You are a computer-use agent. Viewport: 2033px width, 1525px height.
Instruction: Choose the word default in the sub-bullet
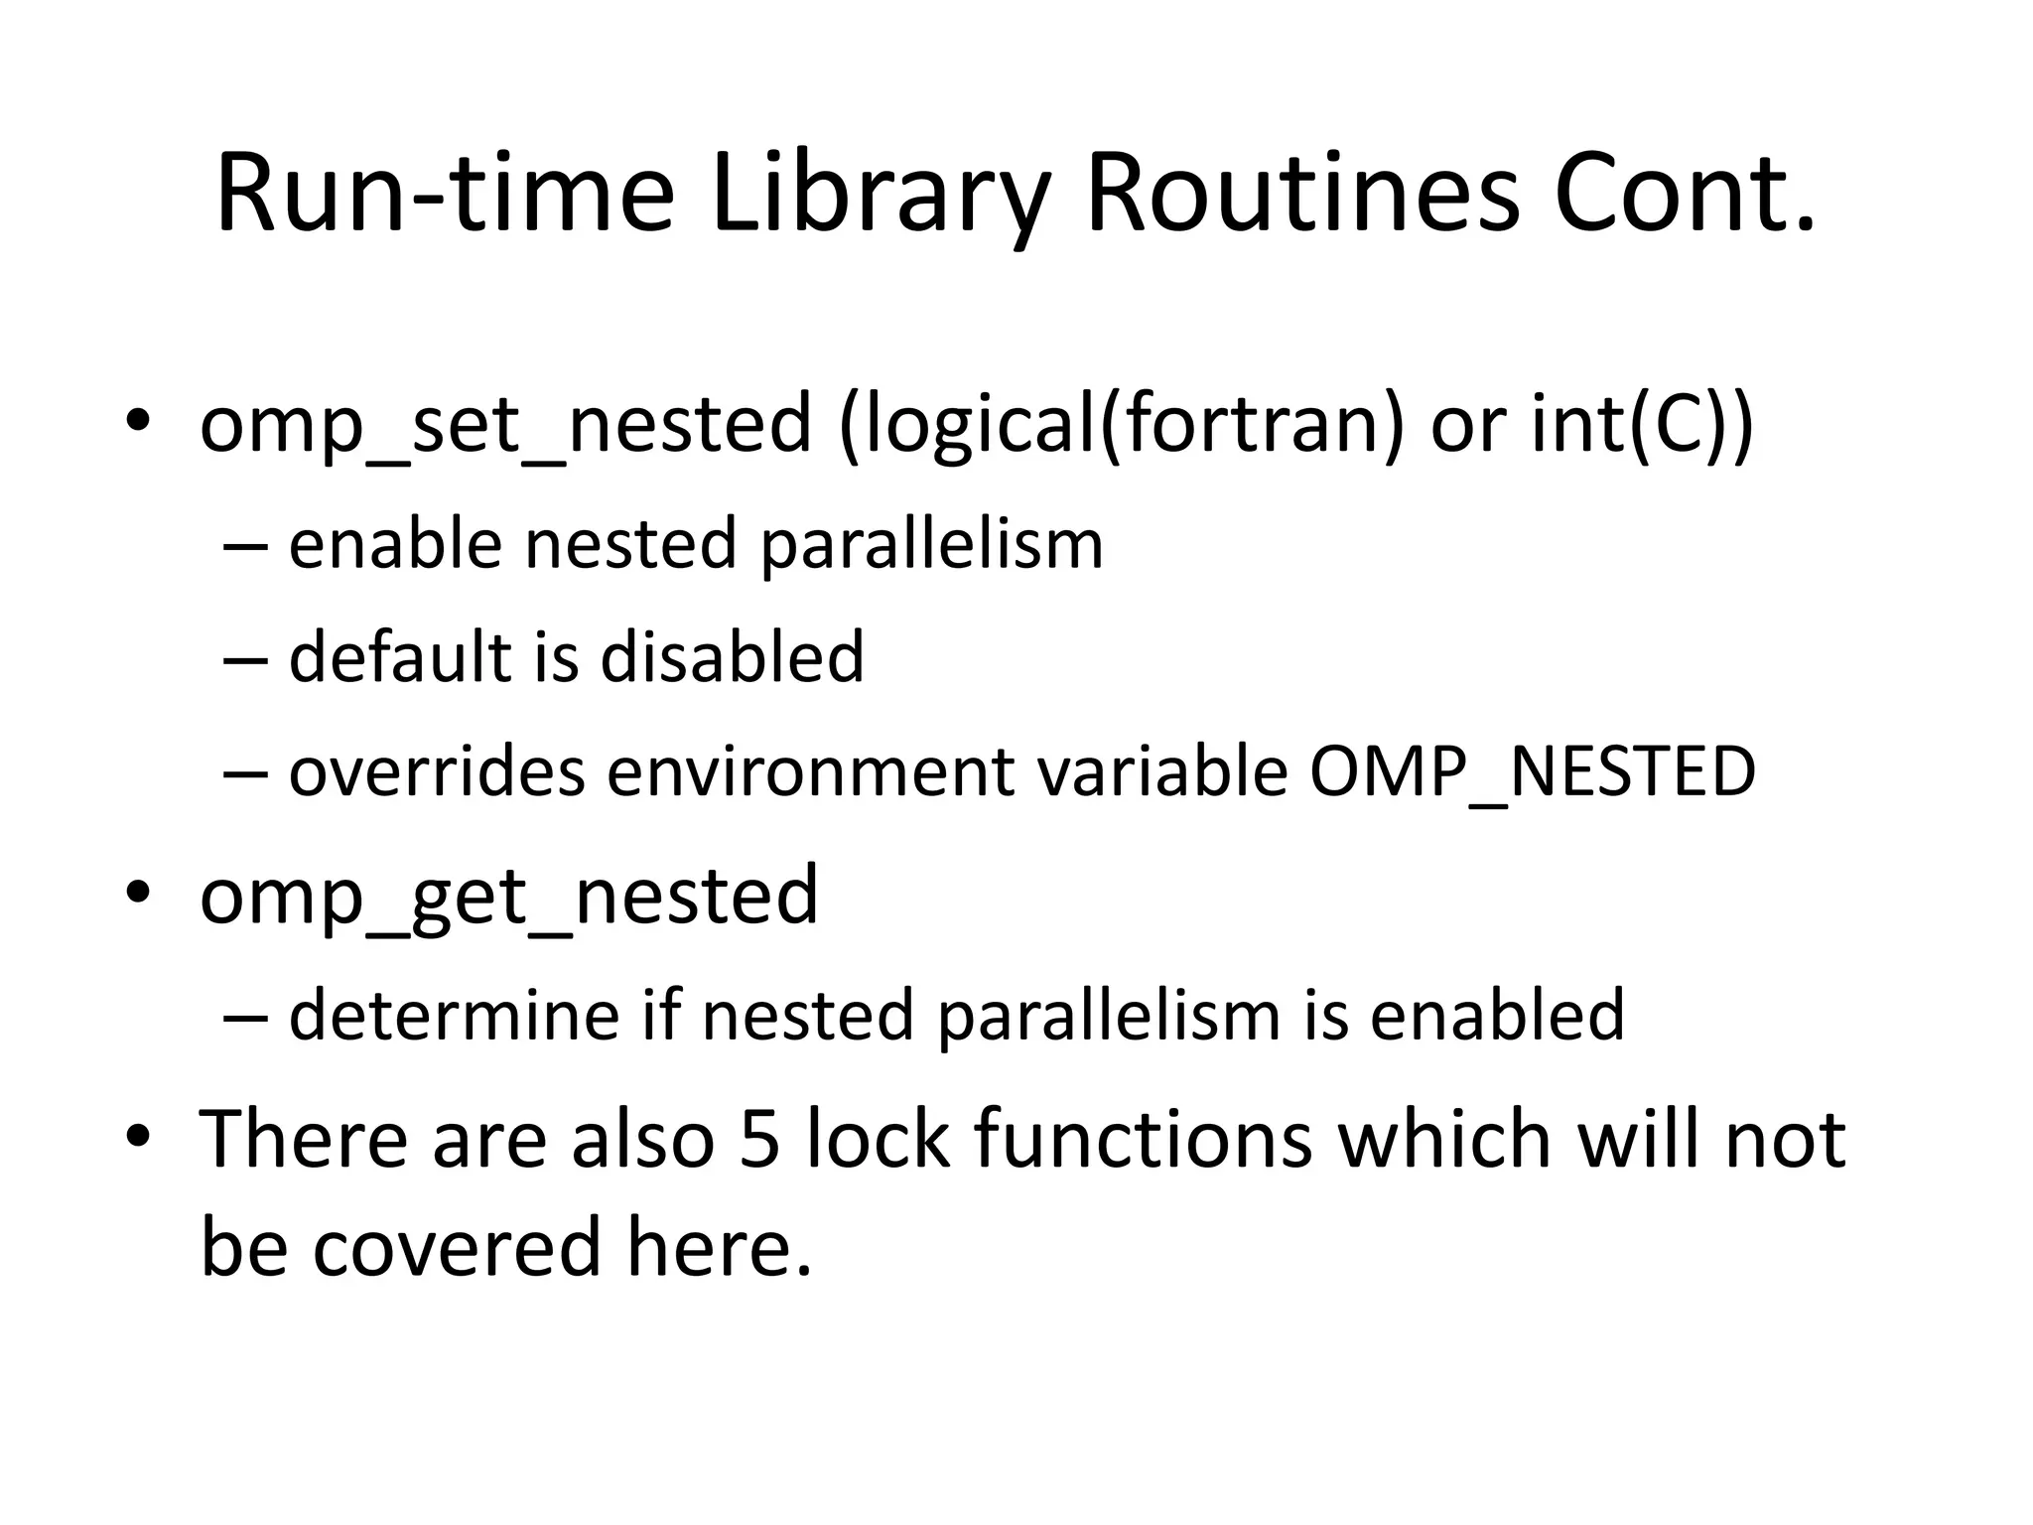[399, 657]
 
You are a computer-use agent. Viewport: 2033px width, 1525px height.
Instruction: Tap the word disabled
[733, 657]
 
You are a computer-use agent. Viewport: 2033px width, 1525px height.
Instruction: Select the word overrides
[437, 771]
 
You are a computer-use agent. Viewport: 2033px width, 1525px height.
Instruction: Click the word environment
[810, 771]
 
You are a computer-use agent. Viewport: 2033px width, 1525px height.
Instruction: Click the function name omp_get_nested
[509, 897]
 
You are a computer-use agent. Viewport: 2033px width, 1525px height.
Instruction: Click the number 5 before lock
[760, 1139]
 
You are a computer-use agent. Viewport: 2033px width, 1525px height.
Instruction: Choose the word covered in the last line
[457, 1248]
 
